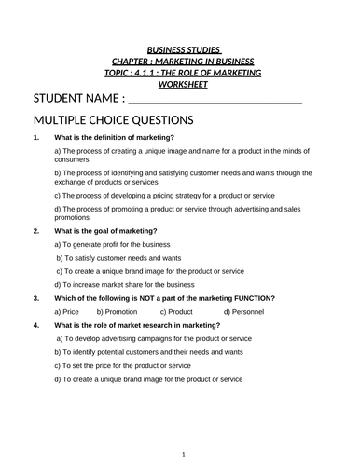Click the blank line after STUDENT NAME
pyautogui.click(x=215, y=100)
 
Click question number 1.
pyautogui.click(x=35, y=138)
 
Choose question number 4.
pyautogui.click(x=35, y=325)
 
